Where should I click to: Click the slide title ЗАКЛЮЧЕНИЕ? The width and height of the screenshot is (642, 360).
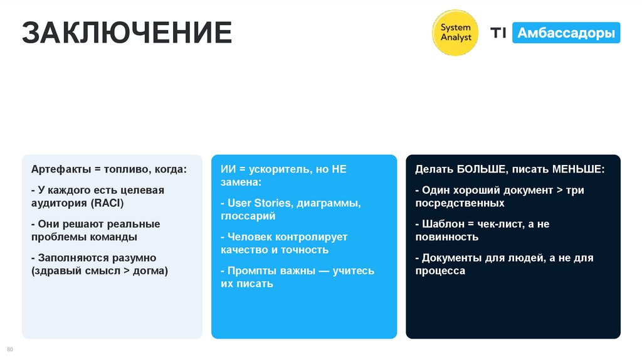127,33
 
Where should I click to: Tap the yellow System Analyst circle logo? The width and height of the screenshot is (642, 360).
456,33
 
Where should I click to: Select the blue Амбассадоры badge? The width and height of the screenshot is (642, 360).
566,33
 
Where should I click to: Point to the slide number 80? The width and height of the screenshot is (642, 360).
9,349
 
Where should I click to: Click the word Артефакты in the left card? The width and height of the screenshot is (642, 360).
59,169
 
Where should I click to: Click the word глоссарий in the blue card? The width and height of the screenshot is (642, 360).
248,216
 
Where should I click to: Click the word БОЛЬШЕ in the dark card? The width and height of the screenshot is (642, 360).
480,169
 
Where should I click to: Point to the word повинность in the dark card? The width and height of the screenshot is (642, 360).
446,237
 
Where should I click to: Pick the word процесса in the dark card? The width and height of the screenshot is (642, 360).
440,271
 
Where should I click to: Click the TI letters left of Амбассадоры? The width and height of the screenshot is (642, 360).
498,33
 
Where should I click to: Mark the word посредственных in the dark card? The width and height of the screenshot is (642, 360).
460,203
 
